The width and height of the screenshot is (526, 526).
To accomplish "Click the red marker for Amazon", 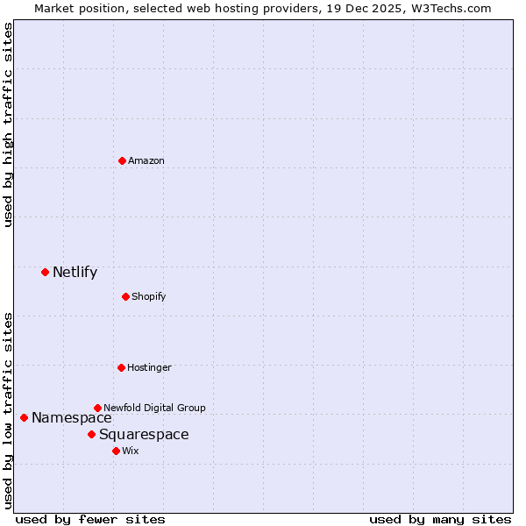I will point(122,160).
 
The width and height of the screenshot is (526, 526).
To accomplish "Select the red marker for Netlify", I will point(45,272).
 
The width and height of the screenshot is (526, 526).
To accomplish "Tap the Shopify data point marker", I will point(125,296).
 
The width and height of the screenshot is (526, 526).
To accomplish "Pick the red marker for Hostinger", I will point(121,367).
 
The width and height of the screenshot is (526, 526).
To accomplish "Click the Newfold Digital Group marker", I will point(97,408).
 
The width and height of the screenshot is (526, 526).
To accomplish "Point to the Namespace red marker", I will point(24,417).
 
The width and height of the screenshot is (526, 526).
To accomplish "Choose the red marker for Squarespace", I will point(91,434).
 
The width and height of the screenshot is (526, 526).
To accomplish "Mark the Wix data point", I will point(116,451).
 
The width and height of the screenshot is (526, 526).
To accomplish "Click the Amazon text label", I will point(146,160).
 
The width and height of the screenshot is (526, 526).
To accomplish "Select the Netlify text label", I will point(75,272).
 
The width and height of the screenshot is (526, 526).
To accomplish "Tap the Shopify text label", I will point(149,296).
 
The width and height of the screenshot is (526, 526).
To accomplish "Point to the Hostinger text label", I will point(150,367).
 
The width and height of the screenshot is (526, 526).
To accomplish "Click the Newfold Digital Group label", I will point(155,408).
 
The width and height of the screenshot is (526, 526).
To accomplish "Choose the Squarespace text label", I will point(144,434).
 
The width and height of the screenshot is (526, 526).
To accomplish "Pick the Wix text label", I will point(131,451).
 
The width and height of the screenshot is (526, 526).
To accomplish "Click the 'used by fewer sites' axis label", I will point(90,519).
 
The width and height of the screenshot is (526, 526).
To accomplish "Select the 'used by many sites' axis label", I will point(440,519).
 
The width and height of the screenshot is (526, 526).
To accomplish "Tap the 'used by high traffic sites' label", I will point(9,124).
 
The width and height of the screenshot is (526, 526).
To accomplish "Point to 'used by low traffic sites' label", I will point(9,410).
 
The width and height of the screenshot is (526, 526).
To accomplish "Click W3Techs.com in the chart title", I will point(450,8).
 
